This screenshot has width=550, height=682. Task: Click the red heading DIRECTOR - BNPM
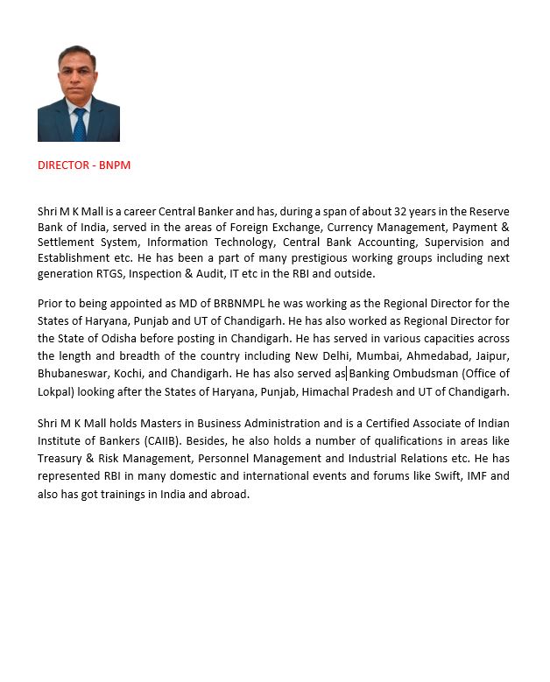point(84,165)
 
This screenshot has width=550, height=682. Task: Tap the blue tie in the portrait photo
point(80,123)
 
